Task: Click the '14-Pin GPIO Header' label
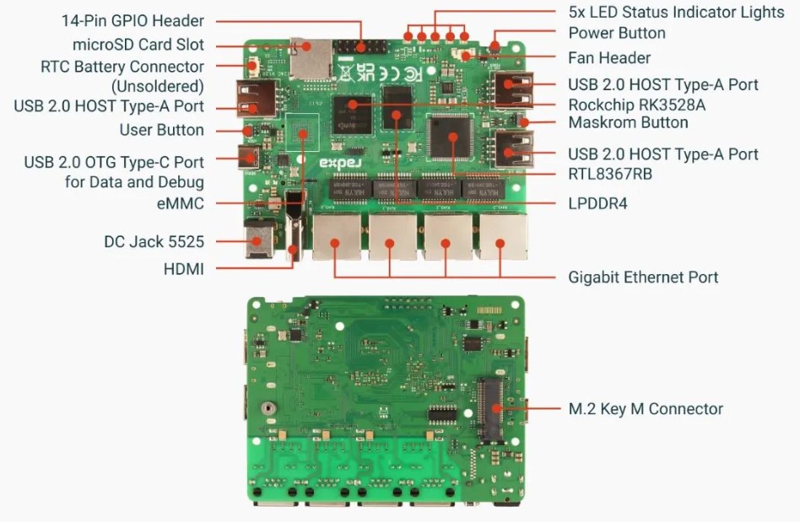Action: (x=132, y=20)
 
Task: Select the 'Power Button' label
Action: (x=617, y=33)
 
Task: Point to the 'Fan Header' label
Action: (x=609, y=58)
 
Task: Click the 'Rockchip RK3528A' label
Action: (x=636, y=105)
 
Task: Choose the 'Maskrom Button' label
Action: (x=628, y=123)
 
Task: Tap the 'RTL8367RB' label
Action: (x=608, y=175)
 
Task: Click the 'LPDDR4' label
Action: (x=597, y=203)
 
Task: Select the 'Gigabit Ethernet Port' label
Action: (x=643, y=277)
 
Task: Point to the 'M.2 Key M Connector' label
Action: (x=646, y=409)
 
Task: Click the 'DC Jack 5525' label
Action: (x=154, y=242)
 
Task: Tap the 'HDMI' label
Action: (x=183, y=269)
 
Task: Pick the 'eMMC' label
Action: (x=180, y=203)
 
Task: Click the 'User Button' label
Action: (x=161, y=130)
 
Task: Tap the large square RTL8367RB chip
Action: (x=450, y=135)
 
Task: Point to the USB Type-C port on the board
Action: (x=250, y=155)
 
